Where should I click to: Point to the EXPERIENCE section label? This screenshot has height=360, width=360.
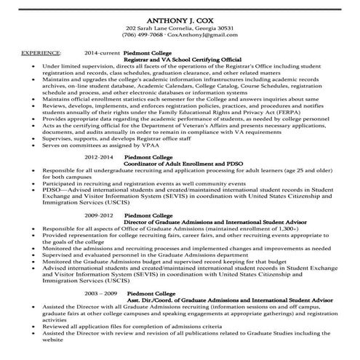click(x=41, y=53)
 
